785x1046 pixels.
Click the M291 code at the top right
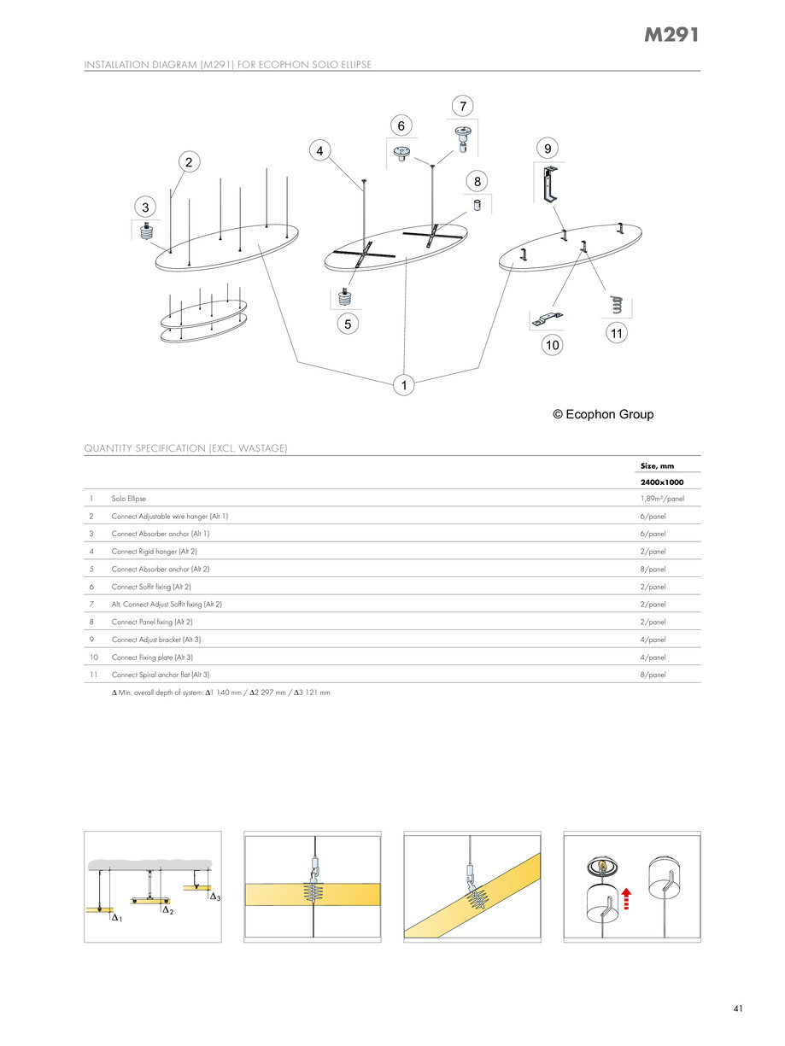point(671,36)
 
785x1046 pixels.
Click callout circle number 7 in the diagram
point(462,106)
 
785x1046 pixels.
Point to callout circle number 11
point(616,334)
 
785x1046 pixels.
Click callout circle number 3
point(146,207)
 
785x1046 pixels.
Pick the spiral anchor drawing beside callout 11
point(616,305)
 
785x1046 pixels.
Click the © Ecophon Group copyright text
point(603,414)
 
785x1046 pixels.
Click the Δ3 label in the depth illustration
point(215,897)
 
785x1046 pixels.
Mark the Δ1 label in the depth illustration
point(116,919)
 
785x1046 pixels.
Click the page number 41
point(737,1009)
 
